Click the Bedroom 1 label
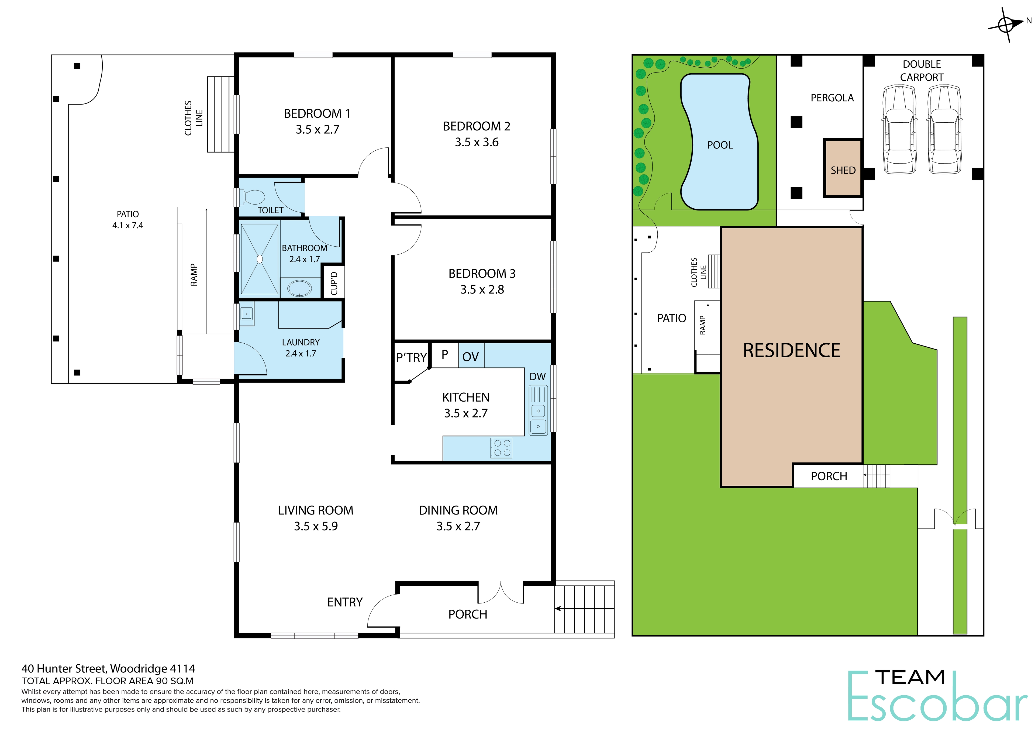click(317, 113)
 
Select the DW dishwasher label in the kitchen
click(537, 377)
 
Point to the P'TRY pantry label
click(411, 358)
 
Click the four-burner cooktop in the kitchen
click(502, 448)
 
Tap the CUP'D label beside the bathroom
click(334, 283)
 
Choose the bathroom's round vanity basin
click(299, 288)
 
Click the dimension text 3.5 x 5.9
click(316, 526)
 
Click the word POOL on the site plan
click(720, 145)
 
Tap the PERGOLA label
click(832, 98)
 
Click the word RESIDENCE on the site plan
click(792, 350)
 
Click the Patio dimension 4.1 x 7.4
click(127, 225)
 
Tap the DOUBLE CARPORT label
click(922, 71)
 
